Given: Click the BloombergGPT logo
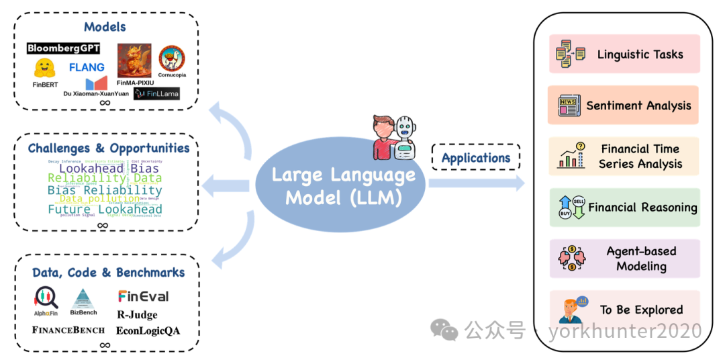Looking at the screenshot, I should tap(64, 48).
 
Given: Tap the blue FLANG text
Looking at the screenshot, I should tap(87, 67).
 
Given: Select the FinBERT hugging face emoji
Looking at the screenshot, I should tap(44, 68).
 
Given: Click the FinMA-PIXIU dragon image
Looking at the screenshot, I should tap(134, 60).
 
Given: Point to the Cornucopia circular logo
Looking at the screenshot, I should tap(172, 59).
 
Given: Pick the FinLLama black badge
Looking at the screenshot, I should tap(156, 94).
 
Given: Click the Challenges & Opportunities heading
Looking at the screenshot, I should tap(109, 148).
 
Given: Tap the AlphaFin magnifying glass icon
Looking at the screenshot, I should tap(46, 298).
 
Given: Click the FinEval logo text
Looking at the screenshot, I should tap(143, 296).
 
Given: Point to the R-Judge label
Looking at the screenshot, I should tap(137, 314).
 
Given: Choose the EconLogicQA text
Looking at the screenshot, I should tap(148, 330).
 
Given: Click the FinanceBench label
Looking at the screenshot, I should tap(68, 330).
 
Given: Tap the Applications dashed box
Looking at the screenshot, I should tap(476, 159).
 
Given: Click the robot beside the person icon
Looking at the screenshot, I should tap(404, 138).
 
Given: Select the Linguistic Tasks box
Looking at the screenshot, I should tap(624, 54).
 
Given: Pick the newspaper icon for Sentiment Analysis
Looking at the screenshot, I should tap(569, 105).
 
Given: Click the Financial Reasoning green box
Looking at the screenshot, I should tap(624, 208).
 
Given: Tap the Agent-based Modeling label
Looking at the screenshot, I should tap(641, 259).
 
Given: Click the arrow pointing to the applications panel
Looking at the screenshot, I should tap(477, 183).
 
